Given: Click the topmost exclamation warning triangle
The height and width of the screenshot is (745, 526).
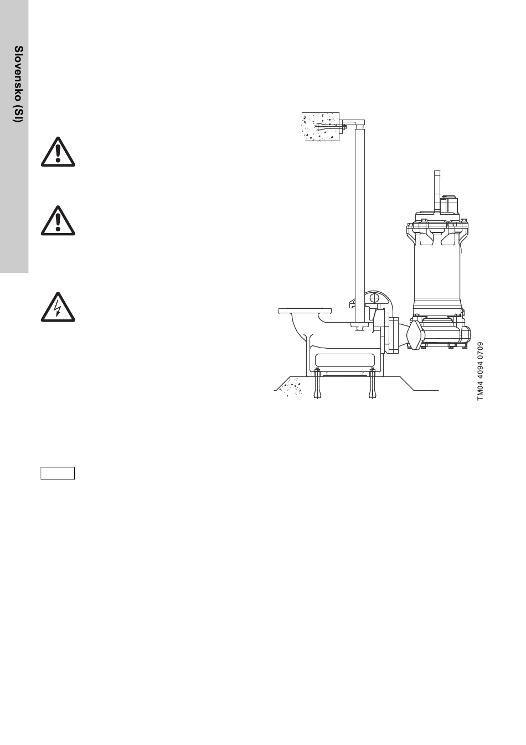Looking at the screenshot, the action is click(x=58, y=152).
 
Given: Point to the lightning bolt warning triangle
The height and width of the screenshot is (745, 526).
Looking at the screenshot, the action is click(x=58, y=307).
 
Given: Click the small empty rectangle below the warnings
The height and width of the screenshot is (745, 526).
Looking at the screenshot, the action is click(x=58, y=473).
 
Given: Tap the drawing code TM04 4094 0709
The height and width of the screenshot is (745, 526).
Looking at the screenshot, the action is click(x=480, y=371).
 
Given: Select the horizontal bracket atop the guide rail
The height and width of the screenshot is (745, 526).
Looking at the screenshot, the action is click(x=352, y=122).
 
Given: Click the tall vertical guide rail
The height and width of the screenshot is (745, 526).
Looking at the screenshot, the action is click(x=360, y=226).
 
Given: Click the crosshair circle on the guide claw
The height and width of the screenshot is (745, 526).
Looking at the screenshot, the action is click(x=374, y=297).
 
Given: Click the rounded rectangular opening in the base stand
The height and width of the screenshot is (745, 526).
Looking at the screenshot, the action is click(x=345, y=360).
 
